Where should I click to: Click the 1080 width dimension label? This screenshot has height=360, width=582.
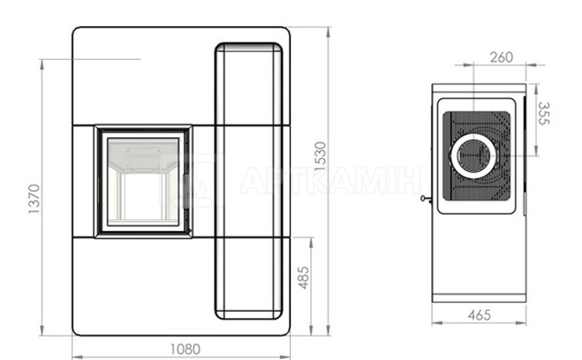(186, 349)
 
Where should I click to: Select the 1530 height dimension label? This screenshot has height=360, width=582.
(320, 155)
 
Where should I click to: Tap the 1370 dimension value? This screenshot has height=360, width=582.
(35, 199)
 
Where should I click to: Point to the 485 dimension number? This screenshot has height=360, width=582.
(304, 277)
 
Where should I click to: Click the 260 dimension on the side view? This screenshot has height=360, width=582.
(501, 57)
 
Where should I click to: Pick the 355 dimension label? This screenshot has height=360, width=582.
(544, 114)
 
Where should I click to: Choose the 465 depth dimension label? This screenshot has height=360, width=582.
(479, 315)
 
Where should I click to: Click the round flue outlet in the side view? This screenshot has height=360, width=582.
(474, 155)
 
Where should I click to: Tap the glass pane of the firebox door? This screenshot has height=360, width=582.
(144, 182)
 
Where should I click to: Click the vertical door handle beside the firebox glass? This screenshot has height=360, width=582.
(186, 191)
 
